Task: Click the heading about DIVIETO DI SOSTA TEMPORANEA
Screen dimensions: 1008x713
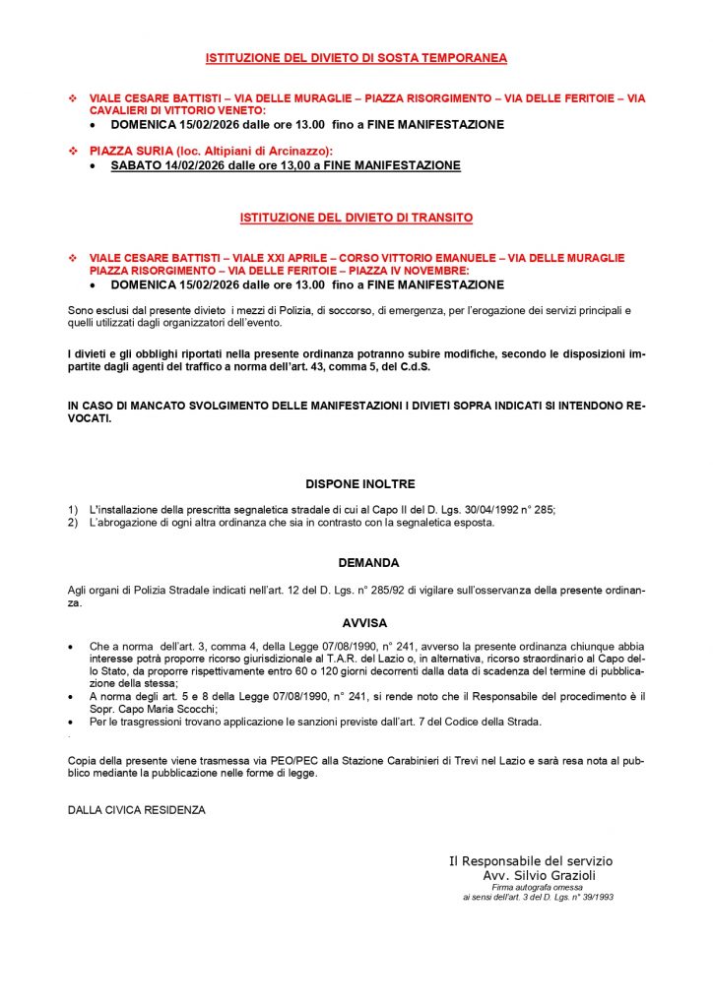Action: pos(356,58)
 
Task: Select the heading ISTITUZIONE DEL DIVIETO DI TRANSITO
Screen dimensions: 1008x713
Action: pos(356,217)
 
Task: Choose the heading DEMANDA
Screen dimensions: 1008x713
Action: pos(368,563)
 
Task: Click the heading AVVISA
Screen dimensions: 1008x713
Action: pos(364,623)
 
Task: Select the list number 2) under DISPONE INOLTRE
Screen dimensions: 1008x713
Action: pos(73,523)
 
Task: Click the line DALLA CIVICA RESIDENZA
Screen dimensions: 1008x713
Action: pos(136,810)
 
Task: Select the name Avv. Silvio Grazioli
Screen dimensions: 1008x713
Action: pos(540,874)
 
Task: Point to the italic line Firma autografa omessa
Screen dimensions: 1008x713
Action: pos(538,887)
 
